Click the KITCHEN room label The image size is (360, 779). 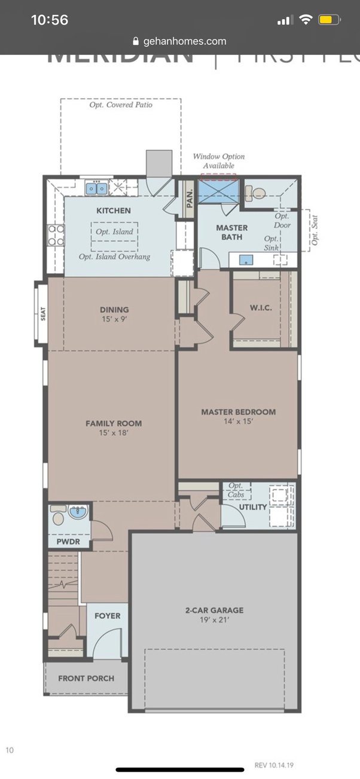[113, 210]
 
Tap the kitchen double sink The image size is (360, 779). [96, 188]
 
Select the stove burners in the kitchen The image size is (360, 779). [56, 235]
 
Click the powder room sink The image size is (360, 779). [78, 512]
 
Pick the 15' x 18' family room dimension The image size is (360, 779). [113, 433]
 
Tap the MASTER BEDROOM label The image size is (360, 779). [238, 412]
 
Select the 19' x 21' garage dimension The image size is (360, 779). [214, 621]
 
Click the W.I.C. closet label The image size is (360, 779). [261, 308]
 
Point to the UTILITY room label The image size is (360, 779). [253, 507]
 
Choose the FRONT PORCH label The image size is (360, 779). [86, 678]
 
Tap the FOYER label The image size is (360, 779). [107, 615]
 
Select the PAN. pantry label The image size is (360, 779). [190, 197]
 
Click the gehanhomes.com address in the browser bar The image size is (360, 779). [185, 41]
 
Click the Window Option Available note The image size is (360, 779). [218, 161]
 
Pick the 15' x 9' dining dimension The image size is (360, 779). [114, 319]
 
